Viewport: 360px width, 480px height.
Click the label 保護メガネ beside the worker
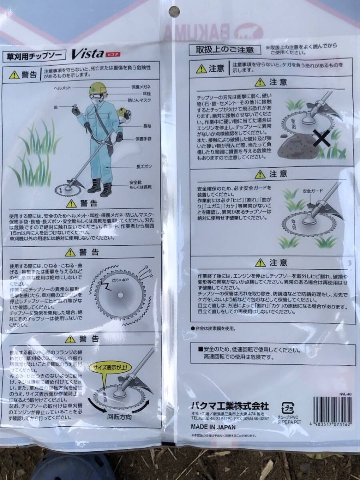click(141, 86)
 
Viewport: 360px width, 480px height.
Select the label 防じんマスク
click(139, 100)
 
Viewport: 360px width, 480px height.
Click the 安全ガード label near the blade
click(312, 191)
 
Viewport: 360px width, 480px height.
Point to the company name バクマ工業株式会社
click(230, 405)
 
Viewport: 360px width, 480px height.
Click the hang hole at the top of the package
click(174, 11)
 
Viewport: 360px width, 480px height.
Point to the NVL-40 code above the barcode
click(344, 393)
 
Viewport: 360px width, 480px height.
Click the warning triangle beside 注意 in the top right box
click(202, 69)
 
